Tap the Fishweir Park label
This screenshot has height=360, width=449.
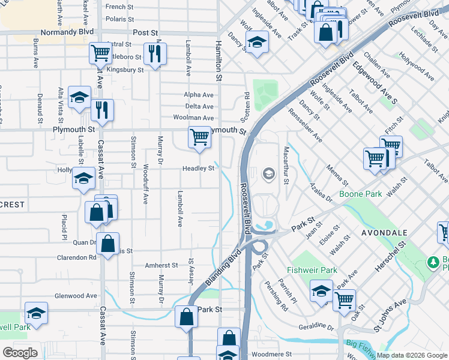coord(312,270)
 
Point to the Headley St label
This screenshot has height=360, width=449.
coord(199,169)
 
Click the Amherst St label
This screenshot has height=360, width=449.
coord(161,265)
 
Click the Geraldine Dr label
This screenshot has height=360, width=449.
coord(316,328)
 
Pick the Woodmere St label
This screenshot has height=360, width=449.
coord(271,355)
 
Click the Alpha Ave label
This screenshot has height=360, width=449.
coord(199,95)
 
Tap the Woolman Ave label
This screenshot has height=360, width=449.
coord(193,118)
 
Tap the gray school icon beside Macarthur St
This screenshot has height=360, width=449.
coord(268,175)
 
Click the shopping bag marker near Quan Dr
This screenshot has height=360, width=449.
coord(107,244)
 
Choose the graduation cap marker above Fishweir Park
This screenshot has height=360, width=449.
coord(321,292)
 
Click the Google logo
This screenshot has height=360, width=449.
coord(20,353)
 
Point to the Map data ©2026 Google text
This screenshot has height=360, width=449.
coord(412,355)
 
